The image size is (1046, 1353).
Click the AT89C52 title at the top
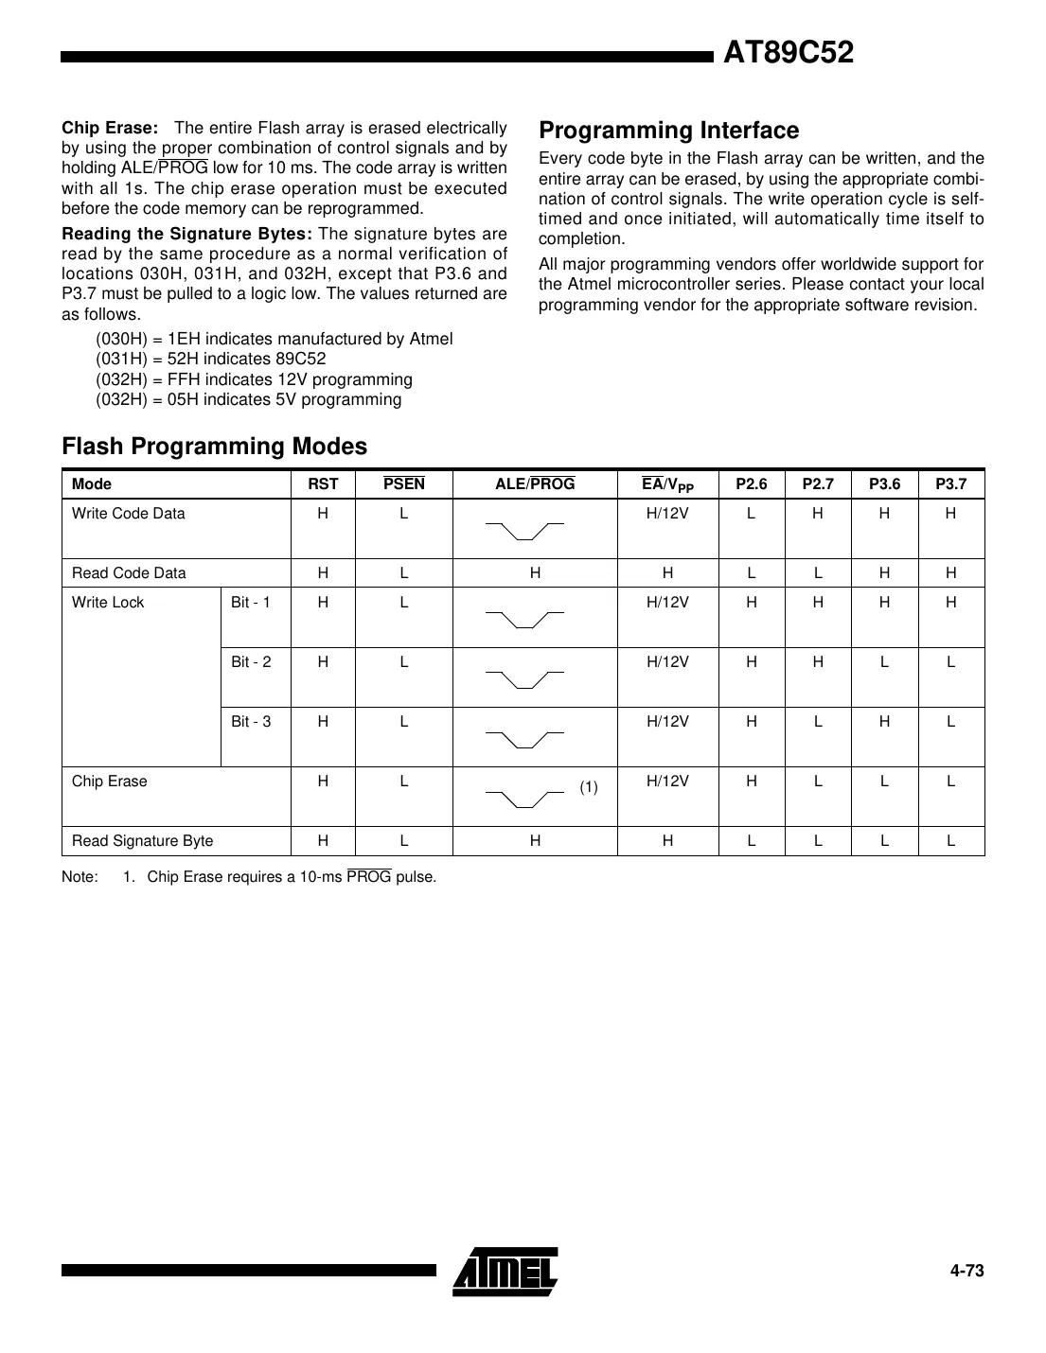tap(788, 53)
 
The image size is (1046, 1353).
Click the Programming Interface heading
tap(668, 131)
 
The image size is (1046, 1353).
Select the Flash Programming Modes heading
tap(214, 446)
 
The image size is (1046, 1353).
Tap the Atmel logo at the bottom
tap(505, 1271)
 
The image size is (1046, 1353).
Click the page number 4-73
tap(966, 1271)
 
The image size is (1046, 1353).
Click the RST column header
tap(323, 484)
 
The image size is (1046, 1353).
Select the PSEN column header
tap(404, 484)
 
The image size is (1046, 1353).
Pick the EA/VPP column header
tap(667, 484)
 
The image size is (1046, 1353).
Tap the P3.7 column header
tap(950, 484)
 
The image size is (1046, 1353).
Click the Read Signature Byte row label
tap(143, 841)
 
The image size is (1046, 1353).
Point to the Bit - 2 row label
tap(251, 662)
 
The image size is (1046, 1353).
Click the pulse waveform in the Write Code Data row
tap(524, 529)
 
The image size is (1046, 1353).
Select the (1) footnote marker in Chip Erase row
tap(589, 787)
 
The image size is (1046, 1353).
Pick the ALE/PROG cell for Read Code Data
tap(535, 573)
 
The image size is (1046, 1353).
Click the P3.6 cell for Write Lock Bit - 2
tap(884, 662)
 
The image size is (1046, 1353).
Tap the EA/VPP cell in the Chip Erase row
tap(667, 782)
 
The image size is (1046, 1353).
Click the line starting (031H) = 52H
tap(210, 359)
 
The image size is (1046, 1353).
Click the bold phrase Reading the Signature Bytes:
tap(186, 234)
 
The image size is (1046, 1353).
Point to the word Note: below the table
tap(80, 877)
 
